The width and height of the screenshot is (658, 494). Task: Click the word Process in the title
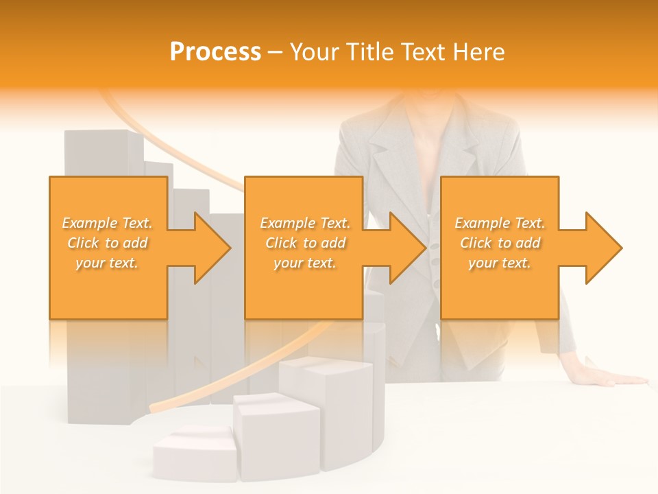coord(215,52)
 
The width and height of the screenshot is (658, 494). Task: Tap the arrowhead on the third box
coord(602,248)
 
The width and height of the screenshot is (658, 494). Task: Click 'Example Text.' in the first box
coord(108,223)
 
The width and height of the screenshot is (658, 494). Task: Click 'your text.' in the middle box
coord(304,263)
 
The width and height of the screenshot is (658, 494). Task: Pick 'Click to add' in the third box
coord(500,243)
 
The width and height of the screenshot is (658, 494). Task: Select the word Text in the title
coord(424,52)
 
